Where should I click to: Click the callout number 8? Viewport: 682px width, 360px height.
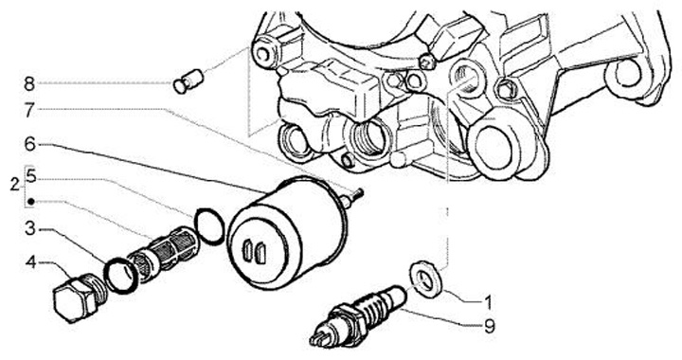[x=29, y=83]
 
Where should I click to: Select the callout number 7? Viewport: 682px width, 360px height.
[x=29, y=110]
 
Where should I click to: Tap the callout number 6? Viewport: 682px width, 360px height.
[x=29, y=144]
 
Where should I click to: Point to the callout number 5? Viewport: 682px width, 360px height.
[x=31, y=176]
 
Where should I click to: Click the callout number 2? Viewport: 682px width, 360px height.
[x=16, y=186]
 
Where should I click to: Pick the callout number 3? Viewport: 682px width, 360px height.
[x=29, y=228]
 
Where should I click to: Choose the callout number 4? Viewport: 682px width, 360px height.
[x=30, y=262]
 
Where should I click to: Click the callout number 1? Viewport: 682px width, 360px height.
[x=489, y=302]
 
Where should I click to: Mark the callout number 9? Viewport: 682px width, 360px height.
[x=490, y=326]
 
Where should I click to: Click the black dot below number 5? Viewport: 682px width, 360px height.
[x=31, y=202]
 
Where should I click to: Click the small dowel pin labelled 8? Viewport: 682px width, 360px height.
[x=188, y=81]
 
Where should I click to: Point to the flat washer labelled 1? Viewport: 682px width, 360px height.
[x=427, y=279]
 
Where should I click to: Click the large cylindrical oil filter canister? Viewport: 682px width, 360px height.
[x=287, y=233]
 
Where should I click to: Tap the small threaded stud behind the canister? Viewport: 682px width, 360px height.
[x=353, y=196]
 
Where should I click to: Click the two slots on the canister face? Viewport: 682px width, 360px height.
[x=255, y=251]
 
